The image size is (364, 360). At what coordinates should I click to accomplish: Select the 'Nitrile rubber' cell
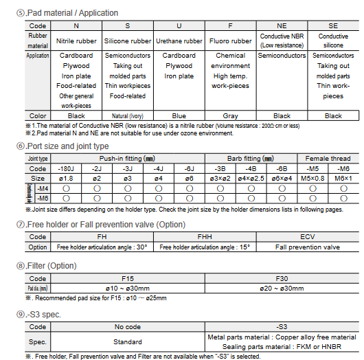76,41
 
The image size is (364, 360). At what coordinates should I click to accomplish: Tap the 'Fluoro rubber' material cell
230,41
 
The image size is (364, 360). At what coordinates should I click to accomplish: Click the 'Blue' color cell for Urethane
179,115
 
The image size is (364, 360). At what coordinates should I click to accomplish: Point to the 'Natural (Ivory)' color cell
127,115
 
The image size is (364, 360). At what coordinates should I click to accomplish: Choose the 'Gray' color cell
230,115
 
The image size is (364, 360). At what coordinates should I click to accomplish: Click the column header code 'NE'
282,25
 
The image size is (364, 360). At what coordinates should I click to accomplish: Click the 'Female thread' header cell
327,159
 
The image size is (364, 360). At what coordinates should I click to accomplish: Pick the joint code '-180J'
66,168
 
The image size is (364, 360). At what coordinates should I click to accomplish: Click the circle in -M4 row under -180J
66,188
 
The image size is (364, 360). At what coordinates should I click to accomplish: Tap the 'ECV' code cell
307,236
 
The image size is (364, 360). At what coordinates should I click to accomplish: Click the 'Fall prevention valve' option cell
307,247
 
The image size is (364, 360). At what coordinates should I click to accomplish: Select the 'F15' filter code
127,278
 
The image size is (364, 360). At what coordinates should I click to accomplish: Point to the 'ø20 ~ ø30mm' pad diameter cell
282,289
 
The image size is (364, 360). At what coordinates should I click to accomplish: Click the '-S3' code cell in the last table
282,328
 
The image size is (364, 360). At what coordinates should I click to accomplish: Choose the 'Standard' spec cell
127,341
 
